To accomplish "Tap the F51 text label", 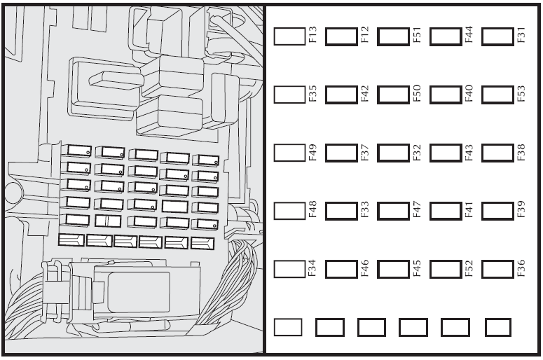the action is [417, 35].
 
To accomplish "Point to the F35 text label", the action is [312, 93].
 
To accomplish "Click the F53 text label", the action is [521, 93].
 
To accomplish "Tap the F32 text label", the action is [417, 153].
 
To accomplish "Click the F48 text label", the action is [312, 209].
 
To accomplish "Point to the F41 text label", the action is [469, 209].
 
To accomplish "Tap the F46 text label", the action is [365, 269].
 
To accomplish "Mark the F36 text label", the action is [521, 269].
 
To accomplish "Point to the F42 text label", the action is [365, 93].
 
